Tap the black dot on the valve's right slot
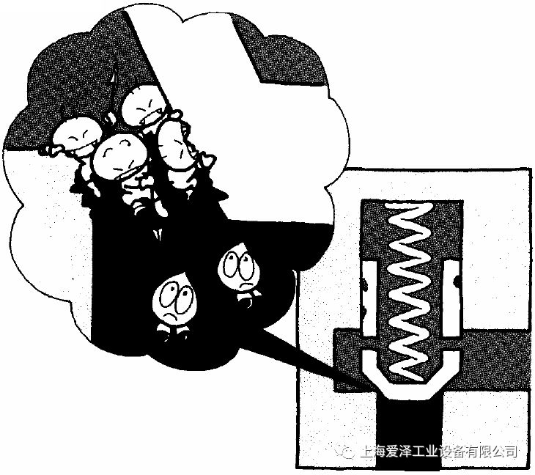tap(457, 281)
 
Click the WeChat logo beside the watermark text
tap(345, 452)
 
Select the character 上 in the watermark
tap(366, 452)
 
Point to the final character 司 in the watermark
tap(510, 452)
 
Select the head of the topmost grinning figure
tap(141, 105)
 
